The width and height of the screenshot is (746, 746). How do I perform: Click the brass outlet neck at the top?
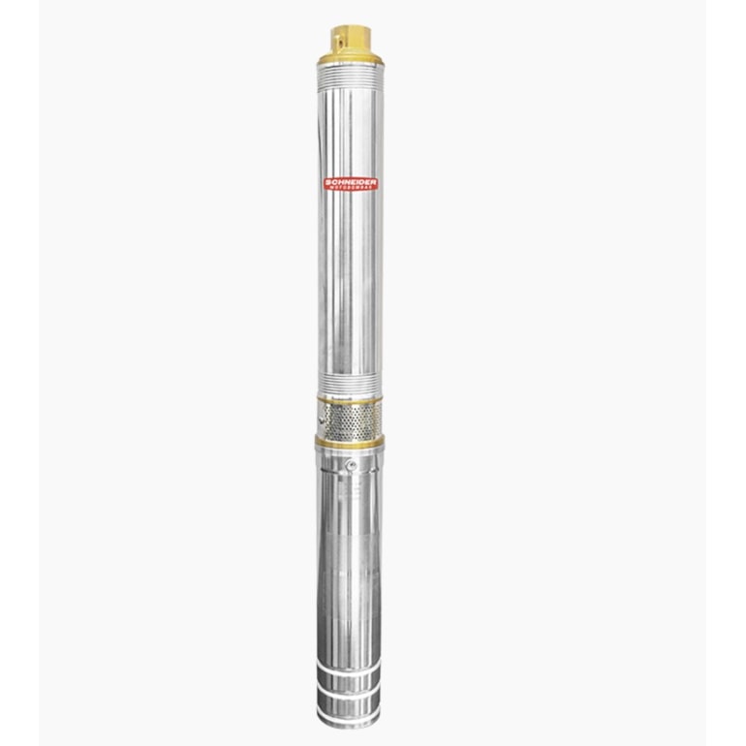click(349, 40)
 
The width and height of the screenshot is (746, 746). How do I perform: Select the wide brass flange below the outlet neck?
click(349, 55)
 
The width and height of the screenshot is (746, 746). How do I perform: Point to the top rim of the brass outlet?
click(349, 27)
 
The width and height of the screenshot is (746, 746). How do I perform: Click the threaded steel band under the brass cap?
click(349, 67)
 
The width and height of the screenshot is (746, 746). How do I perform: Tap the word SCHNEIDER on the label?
click(350, 181)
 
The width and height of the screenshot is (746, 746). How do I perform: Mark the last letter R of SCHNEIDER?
click(376, 181)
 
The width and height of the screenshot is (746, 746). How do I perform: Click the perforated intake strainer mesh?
click(355, 419)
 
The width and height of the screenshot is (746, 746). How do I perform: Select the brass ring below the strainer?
click(349, 441)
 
